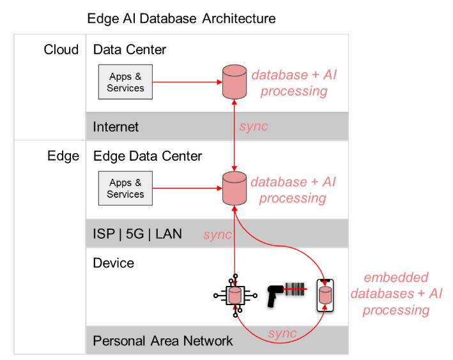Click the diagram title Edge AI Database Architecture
click(181, 19)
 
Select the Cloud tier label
click(61, 49)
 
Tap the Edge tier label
click(63, 156)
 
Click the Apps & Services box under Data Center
click(125, 82)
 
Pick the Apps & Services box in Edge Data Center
click(125, 188)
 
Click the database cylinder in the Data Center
click(234, 82)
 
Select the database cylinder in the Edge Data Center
click(234, 188)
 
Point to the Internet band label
click(116, 127)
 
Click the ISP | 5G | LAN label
click(137, 234)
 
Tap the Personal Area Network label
click(163, 341)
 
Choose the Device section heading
click(114, 263)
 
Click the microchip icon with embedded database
click(235, 296)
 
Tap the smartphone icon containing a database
click(325, 296)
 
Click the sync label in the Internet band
click(254, 126)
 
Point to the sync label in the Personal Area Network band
click(282, 333)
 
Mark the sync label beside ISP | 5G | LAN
click(217, 234)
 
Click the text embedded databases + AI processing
click(396, 294)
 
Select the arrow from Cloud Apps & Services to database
click(187, 82)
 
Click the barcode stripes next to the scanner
click(295, 289)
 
